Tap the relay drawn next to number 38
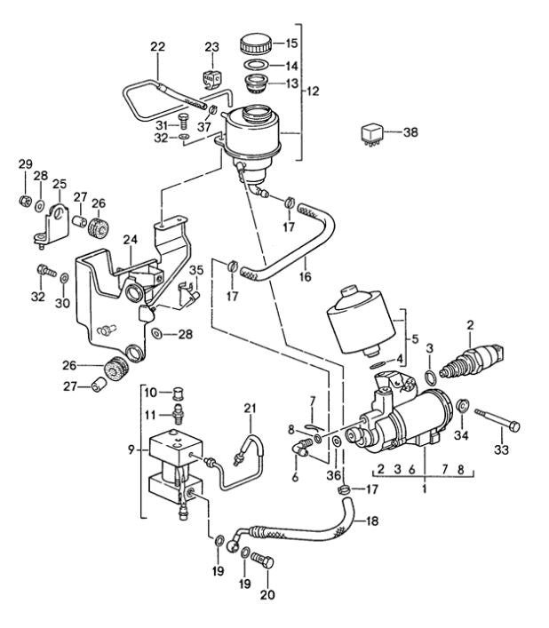371,132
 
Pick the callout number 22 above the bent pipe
157,46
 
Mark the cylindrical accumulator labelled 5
360,319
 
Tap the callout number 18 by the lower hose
372,521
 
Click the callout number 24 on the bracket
130,239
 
